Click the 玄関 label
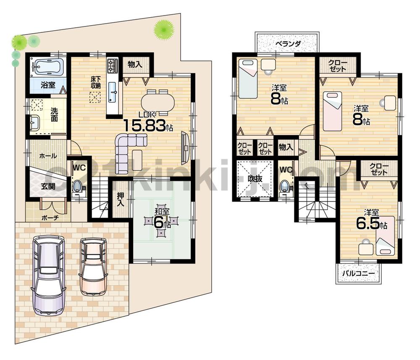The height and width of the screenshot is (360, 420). tap(47, 186)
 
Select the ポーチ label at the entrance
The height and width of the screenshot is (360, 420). tap(50, 218)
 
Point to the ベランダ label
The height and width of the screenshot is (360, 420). tap(288, 43)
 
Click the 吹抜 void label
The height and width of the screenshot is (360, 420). tap(255, 179)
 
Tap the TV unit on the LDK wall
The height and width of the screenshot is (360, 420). tap(185, 147)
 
